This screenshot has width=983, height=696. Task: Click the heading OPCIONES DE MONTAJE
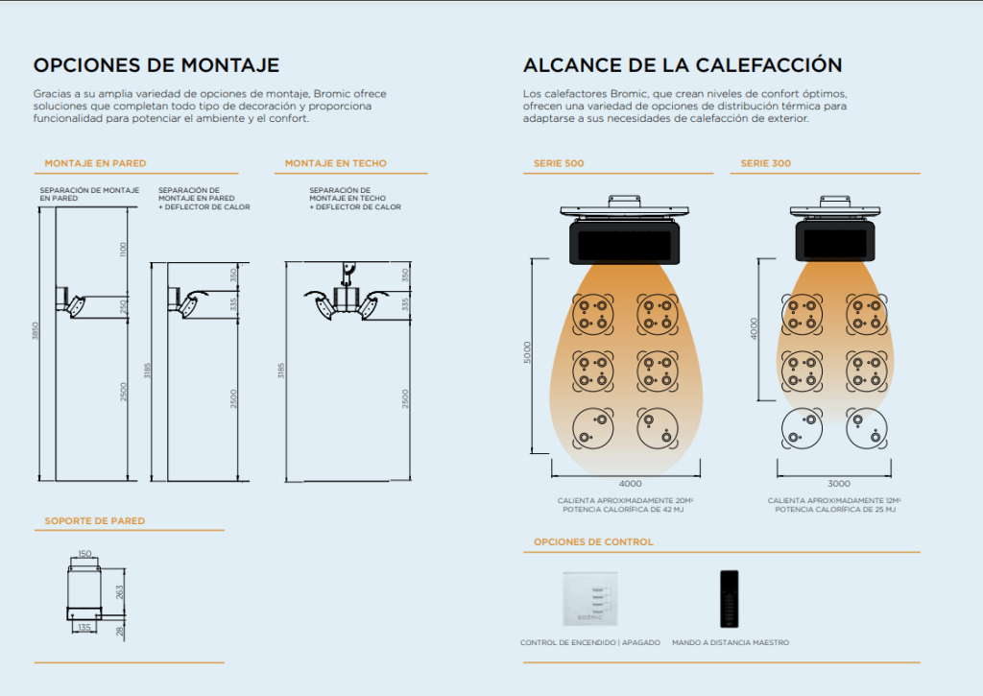click(156, 65)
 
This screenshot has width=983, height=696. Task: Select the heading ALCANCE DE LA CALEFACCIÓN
click(683, 65)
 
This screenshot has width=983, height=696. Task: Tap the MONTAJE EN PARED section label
click(95, 163)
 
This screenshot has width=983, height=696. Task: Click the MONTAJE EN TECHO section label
click(335, 163)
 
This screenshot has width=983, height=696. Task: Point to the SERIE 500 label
click(559, 163)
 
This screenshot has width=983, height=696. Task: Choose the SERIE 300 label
click(765, 163)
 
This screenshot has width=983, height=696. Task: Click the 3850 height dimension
click(36, 331)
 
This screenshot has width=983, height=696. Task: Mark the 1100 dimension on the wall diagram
click(123, 249)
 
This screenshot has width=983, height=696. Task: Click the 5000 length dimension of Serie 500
click(527, 352)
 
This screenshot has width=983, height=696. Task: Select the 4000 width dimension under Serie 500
click(630, 484)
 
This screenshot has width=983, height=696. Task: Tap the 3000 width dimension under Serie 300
click(839, 484)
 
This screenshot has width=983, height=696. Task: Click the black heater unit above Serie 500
click(624, 242)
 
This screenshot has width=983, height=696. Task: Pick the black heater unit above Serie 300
click(835, 241)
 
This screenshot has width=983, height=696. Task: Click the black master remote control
click(730, 599)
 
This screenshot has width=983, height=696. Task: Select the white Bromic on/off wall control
click(590, 599)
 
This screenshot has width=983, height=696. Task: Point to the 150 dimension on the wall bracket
click(84, 554)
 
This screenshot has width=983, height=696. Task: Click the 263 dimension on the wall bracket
click(120, 591)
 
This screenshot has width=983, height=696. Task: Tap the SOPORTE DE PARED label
click(95, 520)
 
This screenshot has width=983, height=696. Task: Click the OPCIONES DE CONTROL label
click(593, 541)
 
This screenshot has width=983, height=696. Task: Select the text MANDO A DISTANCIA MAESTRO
click(731, 642)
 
